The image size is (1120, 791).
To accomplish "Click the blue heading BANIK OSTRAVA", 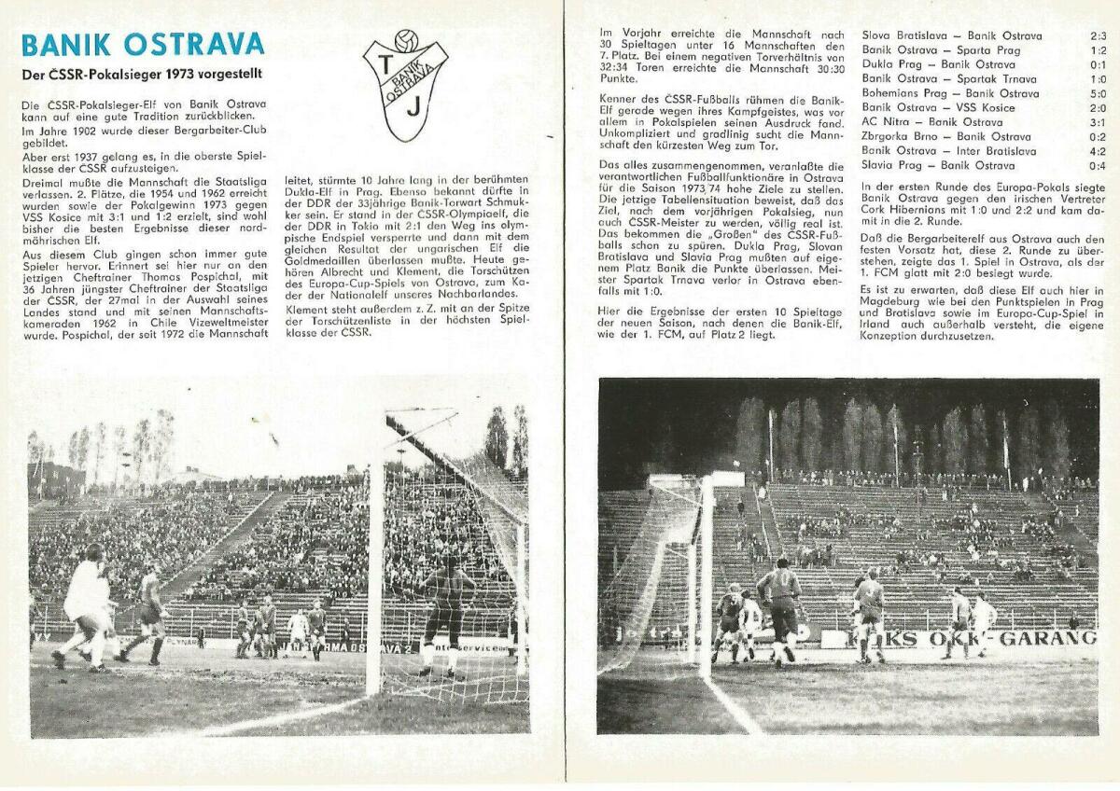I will click(143, 45).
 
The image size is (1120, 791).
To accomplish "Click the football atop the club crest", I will click(405, 40).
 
